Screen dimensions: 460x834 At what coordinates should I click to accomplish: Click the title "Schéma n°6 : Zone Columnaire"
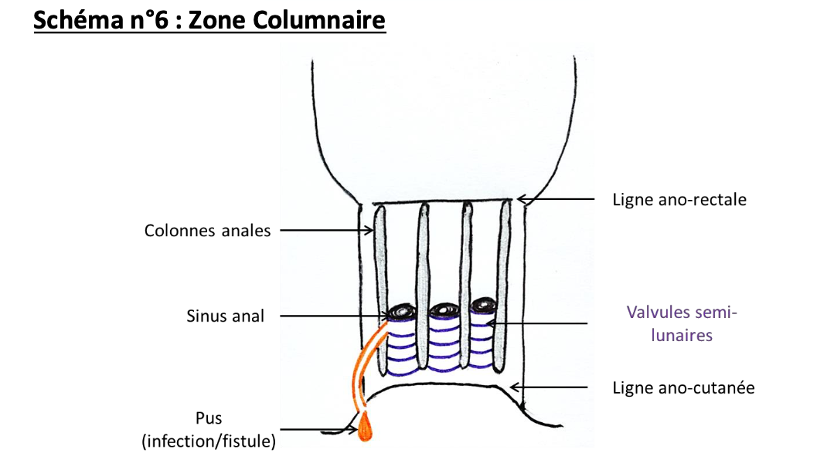[x=209, y=21]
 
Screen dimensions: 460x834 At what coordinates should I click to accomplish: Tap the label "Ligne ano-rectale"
[x=679, y=200]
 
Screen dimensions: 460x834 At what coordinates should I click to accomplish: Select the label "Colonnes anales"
[x=208, y=230]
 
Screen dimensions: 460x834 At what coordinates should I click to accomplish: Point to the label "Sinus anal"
[x=225, y=316]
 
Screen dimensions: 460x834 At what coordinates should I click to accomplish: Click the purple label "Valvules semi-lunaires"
[x=680, y=324]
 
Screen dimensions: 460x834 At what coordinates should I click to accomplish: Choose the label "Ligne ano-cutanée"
[x=683, y=387]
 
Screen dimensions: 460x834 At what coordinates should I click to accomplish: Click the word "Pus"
[x=209, y=418]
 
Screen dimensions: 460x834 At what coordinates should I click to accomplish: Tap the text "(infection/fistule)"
[x=209, y=441]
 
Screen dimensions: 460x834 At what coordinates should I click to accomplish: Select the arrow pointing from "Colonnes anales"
[x=325, y=230]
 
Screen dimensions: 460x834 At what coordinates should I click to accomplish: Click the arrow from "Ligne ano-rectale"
[x=557, y=200]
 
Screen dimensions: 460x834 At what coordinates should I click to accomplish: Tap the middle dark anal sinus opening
[x=444, y=310]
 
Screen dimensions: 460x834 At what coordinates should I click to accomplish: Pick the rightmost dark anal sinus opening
[x=484, y=306]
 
